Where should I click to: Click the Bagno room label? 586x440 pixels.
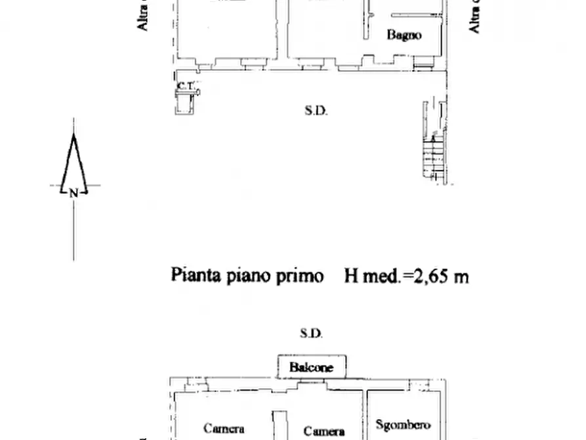[404, 35]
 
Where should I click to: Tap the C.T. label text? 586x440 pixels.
[184, 85]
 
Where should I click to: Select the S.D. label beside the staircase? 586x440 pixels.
[316, 111]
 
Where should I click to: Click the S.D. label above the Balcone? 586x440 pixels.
[311, 334]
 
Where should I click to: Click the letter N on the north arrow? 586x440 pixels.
[73, 192]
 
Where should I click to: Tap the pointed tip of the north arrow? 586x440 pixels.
[73, 137]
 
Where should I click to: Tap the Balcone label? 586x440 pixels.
[311, 367]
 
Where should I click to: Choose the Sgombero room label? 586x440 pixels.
[404, 425]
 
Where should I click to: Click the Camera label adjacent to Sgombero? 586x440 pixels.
[324, 431]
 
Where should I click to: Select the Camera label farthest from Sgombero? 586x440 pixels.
[224, 428]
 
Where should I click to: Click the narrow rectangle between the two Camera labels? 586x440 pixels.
[280, 425]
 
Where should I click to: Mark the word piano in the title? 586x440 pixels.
[249, 276]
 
